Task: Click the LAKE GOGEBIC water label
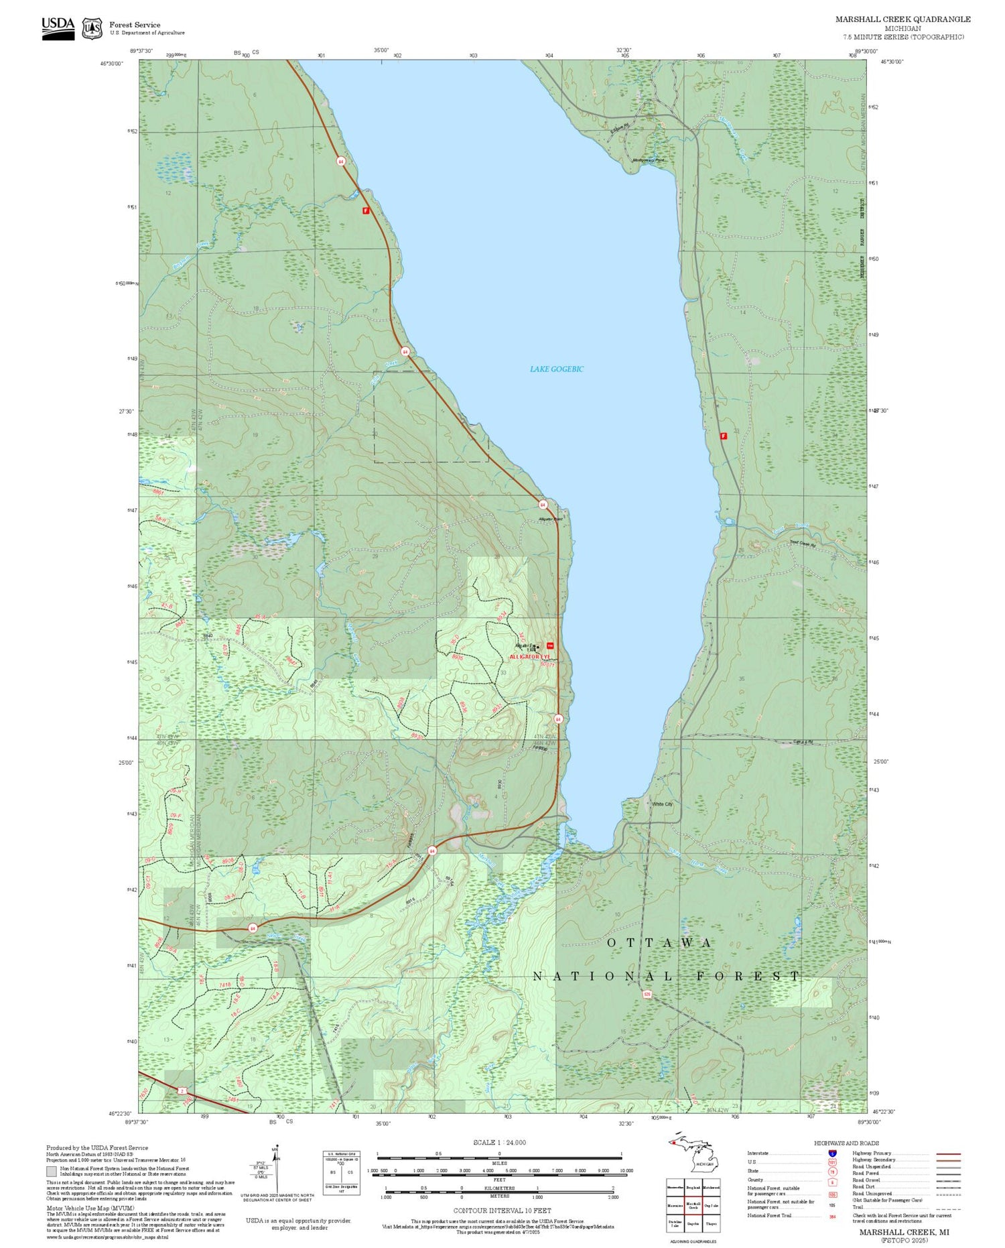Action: pyautogui.click(x=556, y=369)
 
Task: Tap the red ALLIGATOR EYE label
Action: pyautogui.click(x=529, y=657)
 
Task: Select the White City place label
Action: pyautogui.click(x=662, y=804)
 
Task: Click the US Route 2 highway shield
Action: pyautogui.click(x=182, y=1091)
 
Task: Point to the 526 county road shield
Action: pyautogui.click(x=647, y=994)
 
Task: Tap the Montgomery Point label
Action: pyautogui.click(x=648, y=160)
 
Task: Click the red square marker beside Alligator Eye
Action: pyautogui.click(x=550, y=645)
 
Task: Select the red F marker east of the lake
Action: pyautogui.click(x=724, y=436)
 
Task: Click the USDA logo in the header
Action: pyautogui.click(x=58, y=27)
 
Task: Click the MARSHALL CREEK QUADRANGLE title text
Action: pyautogui.click(x=902, y=19)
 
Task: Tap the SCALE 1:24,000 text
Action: pyautogui.click(x=499, y=1143)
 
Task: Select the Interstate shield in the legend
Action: pyautogui.click(x=832, y=1153)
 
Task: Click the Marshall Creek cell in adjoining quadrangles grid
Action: pyautogui.click(x=693, y=1206)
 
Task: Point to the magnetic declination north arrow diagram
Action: pyautogui.click(x=276, y=1170)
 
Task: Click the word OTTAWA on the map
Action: pyautogui.click(x=660, y=943)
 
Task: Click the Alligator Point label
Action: pyautogui.click(x=551, y=519)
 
